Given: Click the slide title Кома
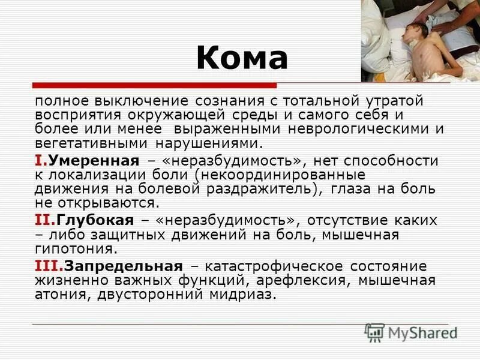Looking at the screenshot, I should pos(242,58).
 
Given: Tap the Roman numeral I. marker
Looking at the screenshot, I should pos(40,161).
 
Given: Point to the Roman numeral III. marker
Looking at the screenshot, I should pos(49,266).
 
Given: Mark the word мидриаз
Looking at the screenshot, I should pos(247,295).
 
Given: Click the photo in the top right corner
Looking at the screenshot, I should pos(420,41).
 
